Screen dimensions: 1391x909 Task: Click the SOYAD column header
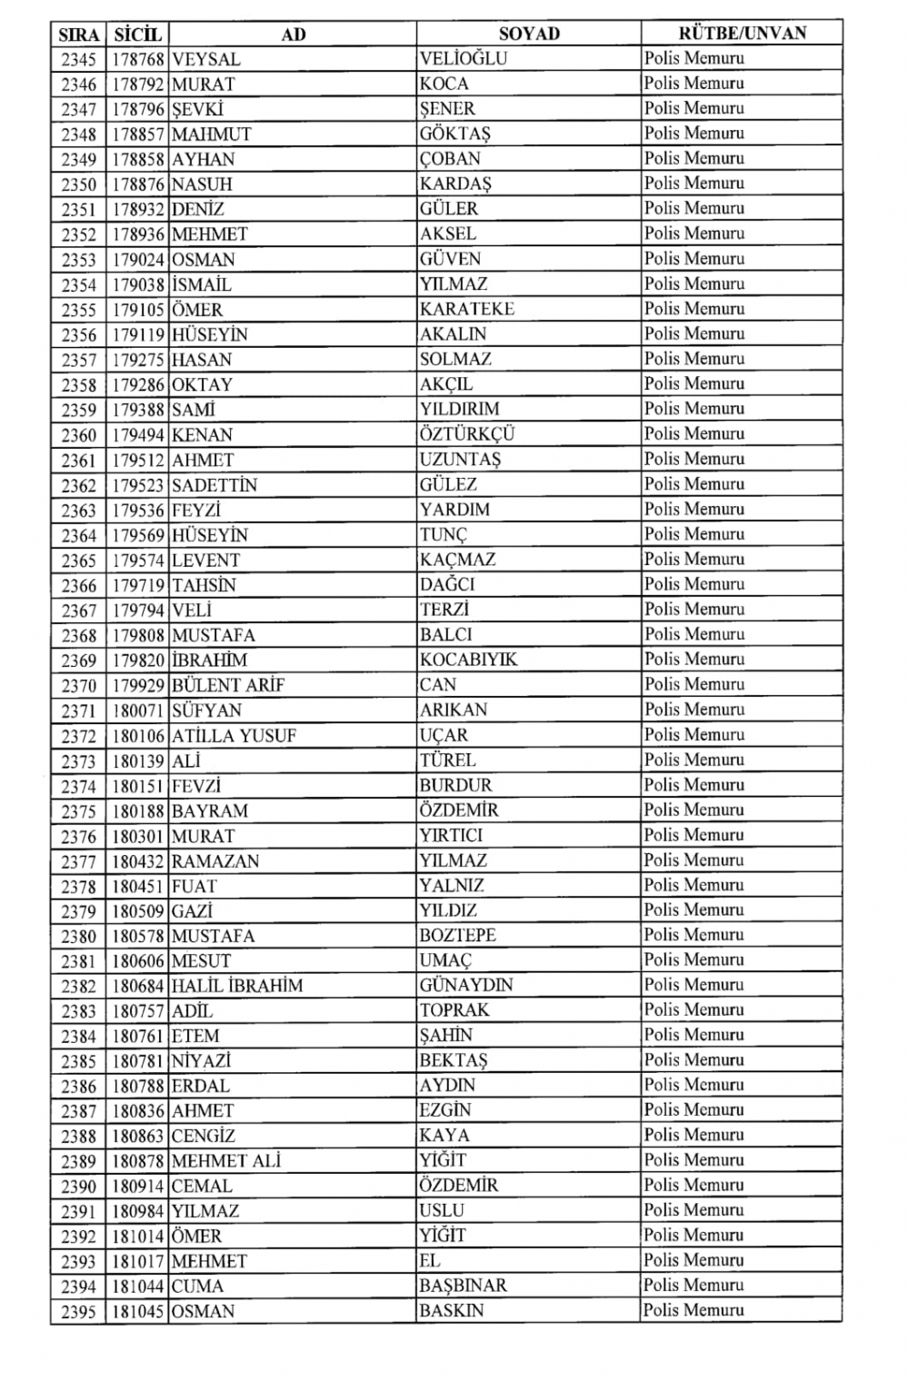pos(528,34)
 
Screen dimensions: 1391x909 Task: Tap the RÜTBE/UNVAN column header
pos(742,34)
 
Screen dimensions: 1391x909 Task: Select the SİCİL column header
pos(137,35)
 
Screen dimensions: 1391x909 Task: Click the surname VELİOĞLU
pos(464,59)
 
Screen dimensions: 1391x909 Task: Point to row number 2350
pos(79,184)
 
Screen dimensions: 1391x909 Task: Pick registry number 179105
pos(138,310)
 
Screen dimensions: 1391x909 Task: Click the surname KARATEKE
pos(467,309)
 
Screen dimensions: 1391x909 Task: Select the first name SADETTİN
pos(214,485)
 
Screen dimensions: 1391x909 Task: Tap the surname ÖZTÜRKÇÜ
pos(467,434)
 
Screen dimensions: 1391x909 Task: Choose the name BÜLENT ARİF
pos(227,685)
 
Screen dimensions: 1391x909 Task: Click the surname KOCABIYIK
pos(468,660)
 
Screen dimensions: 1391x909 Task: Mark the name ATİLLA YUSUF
pos(234,736)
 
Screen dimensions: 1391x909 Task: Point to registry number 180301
pos(138,836)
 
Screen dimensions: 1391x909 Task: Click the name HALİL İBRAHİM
pos(236,986)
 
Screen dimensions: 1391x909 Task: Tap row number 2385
pos(79,1061)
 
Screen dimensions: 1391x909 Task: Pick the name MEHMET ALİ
pos(225,1161)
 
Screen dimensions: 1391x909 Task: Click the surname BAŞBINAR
pos(463,1286)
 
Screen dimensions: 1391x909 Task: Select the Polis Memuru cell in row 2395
pos(694,1310)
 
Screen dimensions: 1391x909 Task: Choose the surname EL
pos(430,1260)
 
